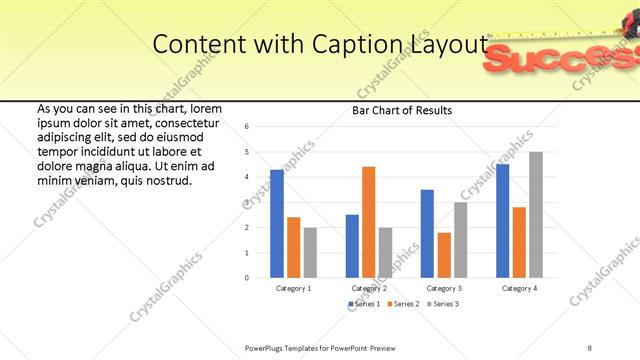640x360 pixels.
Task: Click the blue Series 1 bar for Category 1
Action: click(x=277, y=223)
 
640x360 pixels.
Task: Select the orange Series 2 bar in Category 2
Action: click(x=368, y=221)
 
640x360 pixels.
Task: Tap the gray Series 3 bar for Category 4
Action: click(x=535, y=214)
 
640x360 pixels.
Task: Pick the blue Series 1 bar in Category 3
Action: click(x=427, y=233)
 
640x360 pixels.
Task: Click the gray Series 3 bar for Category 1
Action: click(x=310, y=252)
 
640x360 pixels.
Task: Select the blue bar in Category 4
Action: click(x=502, y=220)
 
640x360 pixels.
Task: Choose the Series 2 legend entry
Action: click(x=402, y=303)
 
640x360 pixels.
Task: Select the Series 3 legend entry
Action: click(x=441, y=303)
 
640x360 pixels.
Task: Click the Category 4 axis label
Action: click(x=518, y=288)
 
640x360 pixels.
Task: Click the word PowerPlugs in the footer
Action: click(x=265, y=346)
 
